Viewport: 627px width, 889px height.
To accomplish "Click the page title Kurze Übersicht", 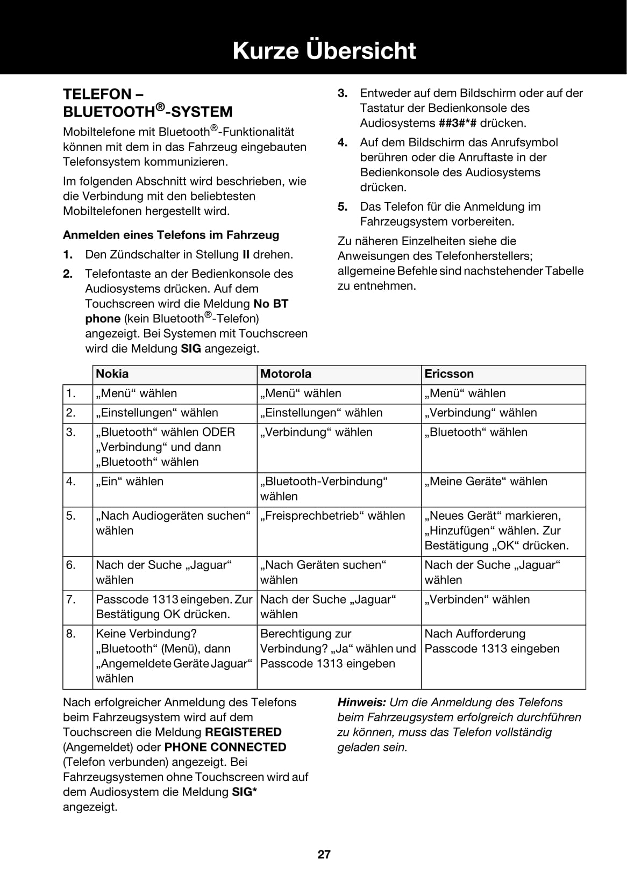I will [324, 51].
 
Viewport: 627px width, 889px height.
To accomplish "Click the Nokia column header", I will [112, 374].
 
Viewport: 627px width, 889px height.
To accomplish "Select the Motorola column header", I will [286, 374].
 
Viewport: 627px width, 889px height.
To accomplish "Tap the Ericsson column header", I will [449, 374].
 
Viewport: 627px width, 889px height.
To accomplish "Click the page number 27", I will [324, 854].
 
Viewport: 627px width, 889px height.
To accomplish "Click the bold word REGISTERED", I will [243, 732].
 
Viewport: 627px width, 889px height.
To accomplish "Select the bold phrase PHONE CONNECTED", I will [225, 747].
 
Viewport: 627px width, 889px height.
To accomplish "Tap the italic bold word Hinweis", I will [361, 702].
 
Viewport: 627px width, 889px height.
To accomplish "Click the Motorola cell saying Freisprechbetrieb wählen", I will [332, 516].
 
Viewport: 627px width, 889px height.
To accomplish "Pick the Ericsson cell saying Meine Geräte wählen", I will [486, 482].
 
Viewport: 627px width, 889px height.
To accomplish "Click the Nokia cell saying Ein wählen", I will [130, 482].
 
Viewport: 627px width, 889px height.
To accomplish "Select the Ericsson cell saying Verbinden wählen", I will [477, 600].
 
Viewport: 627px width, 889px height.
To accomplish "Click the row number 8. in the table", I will [71, 634].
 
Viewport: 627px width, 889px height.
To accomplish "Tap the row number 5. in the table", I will [71, 516].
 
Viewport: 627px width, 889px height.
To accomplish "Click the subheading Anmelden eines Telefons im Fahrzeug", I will [171, 235].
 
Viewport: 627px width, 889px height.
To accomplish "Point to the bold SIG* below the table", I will [244, 792].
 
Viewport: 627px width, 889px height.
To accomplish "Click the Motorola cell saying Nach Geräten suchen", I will [323, 572].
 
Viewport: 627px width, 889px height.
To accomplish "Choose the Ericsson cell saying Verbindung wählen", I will [481, 413].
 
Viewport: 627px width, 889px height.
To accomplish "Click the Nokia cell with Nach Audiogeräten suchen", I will [173, 523].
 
